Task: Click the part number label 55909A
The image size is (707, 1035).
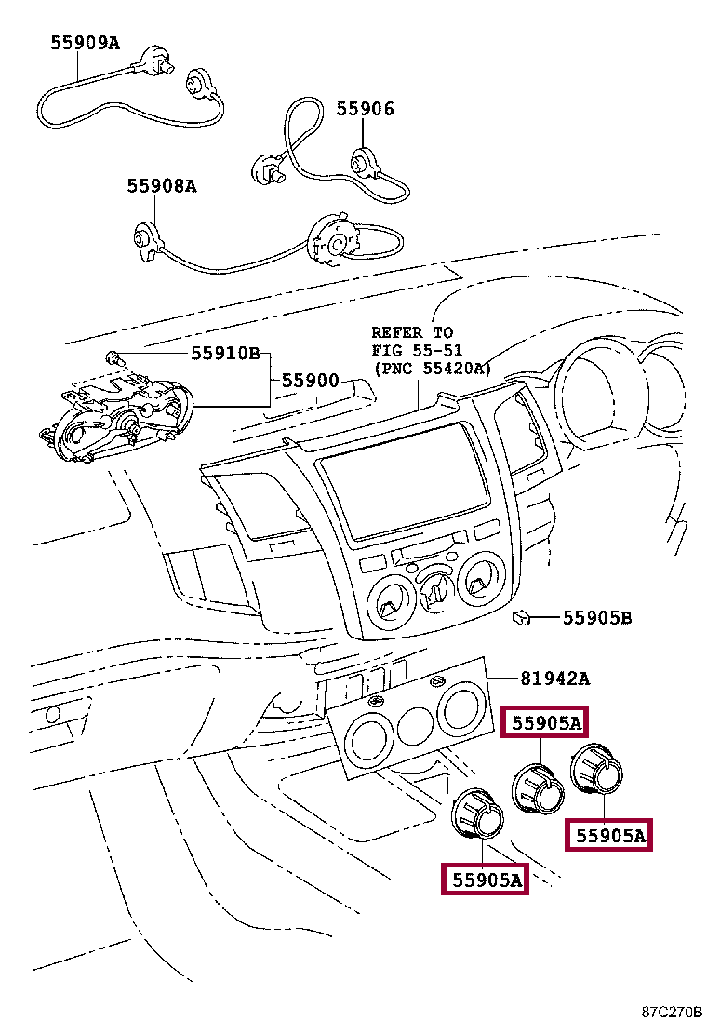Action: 85,41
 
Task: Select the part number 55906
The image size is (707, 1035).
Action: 365,109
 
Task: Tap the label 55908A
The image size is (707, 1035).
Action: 162,186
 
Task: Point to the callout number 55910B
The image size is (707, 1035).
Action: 225,354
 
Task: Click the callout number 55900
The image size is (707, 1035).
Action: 311,381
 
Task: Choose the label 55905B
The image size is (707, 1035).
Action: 596,617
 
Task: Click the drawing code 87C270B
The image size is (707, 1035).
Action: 671,1013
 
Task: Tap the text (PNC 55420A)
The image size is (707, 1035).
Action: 432,368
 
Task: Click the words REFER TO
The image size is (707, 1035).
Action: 412,332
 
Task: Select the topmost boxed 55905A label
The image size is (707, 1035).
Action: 545,722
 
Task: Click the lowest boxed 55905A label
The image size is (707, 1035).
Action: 484,878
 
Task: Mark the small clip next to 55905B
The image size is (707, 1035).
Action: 521,617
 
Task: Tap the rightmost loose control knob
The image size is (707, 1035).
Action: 598,770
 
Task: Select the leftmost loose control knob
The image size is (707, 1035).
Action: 476,813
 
